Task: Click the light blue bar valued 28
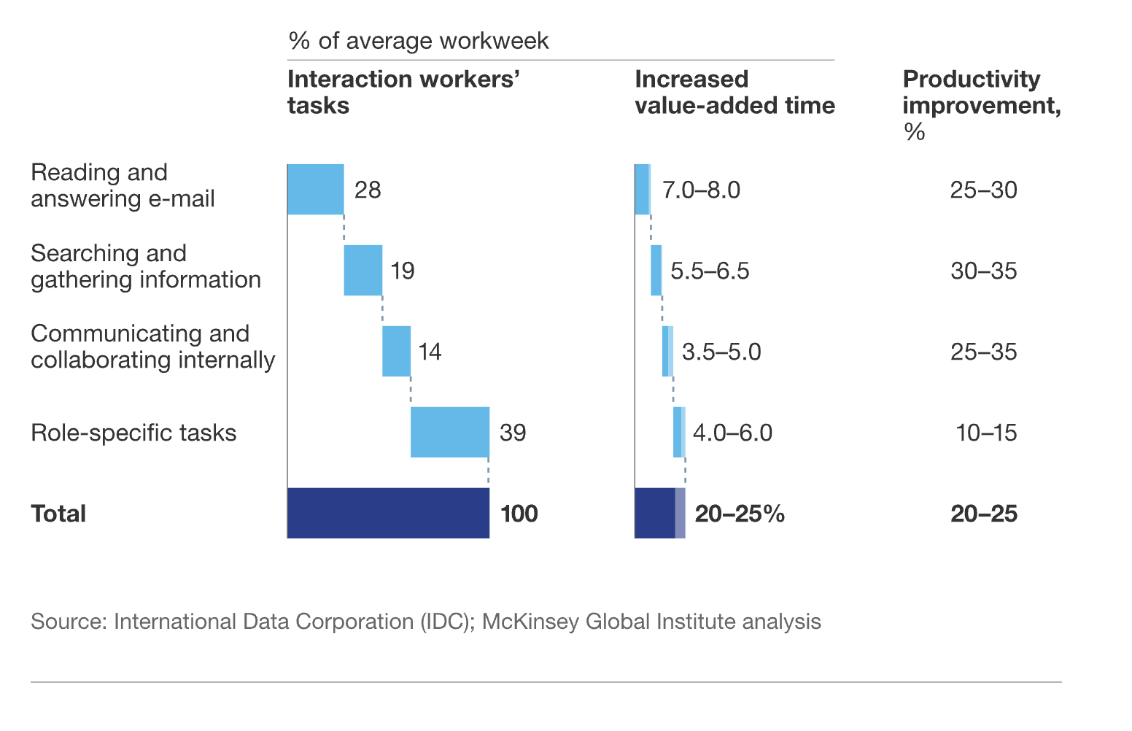coord(315,190)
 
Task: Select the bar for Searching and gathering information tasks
coord(363,271)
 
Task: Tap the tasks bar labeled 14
coord(396,352)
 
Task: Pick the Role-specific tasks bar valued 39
coord(449,433)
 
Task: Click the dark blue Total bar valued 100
coord(388,514)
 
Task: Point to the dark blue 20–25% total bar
coord(656,514)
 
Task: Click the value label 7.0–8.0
coord(701,190)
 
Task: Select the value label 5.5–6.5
coord(710,271)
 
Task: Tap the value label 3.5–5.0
coord(721,352)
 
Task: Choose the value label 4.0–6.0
coord(732,433)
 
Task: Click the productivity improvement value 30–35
coord(983,271)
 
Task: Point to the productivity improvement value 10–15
coord(986,433)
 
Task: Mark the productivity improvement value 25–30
coord(983,190)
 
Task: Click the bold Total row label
coord(58,514)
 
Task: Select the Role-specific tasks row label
coord(133,433)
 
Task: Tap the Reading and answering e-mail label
coord(123,185)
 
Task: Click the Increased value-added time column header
coord(734,92)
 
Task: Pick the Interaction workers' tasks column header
coord(403,92)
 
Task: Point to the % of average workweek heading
coord(418,41)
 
